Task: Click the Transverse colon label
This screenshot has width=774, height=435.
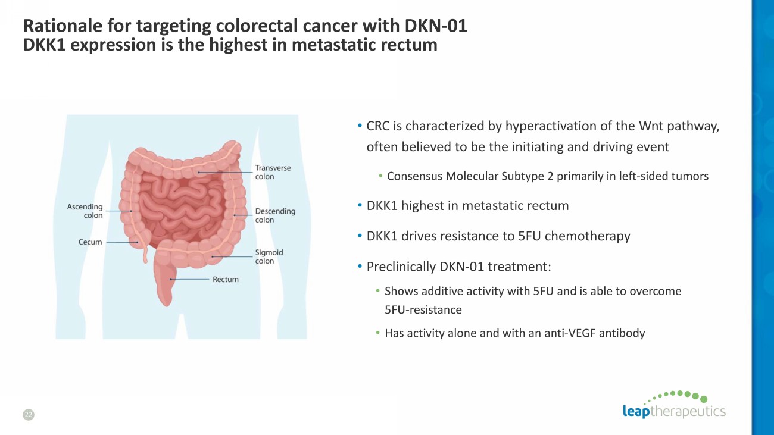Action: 273,172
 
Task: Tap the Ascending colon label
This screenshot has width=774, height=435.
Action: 85,211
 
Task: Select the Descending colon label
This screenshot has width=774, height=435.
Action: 275,215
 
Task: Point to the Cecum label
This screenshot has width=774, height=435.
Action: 90,242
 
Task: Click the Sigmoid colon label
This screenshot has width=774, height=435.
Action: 269,256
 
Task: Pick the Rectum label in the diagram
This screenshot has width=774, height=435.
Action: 226,279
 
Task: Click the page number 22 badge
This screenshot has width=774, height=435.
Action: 29,414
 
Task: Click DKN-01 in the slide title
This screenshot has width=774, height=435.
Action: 436,26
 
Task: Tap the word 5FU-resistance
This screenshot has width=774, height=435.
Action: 423,309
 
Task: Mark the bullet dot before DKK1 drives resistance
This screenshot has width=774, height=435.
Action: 360,236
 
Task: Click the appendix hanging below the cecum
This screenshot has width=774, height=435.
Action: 145,255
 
